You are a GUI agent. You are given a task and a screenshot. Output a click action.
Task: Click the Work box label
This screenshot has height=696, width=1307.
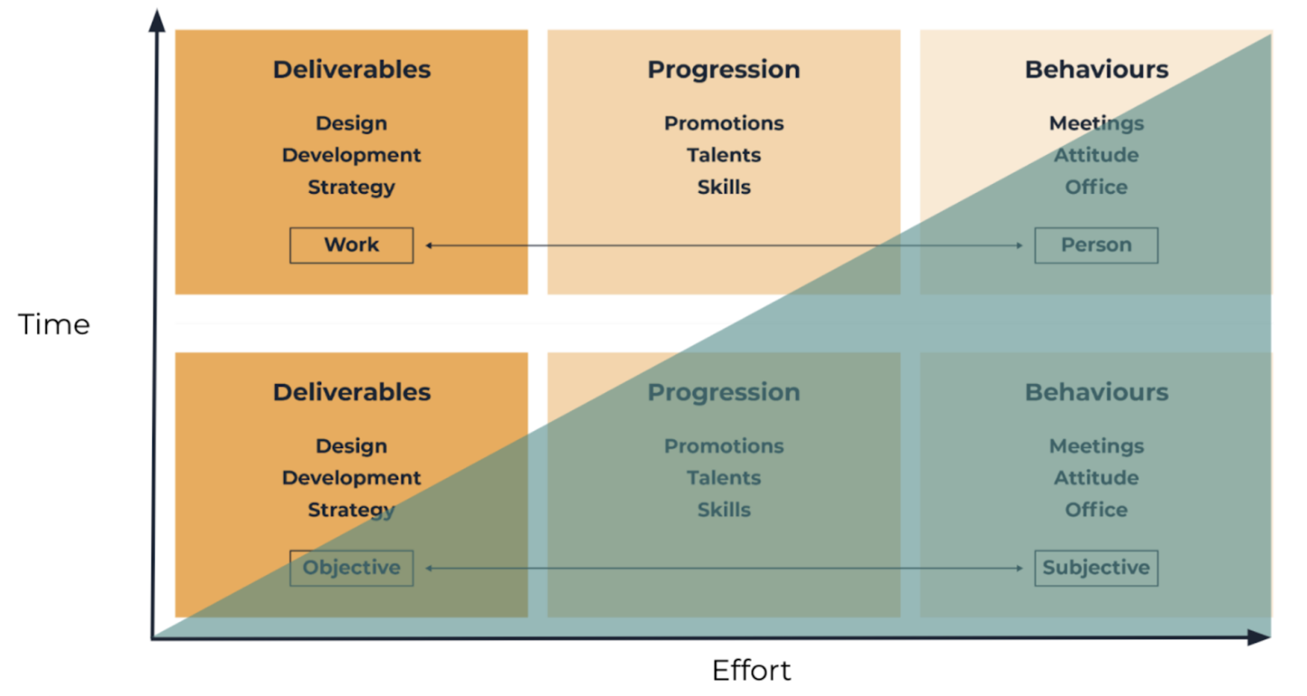352,245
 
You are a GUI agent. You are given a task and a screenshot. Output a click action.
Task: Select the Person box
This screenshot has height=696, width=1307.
1096,245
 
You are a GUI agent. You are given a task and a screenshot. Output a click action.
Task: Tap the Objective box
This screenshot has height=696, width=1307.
352,568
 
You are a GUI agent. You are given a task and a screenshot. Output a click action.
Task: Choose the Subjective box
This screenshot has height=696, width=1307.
1096,568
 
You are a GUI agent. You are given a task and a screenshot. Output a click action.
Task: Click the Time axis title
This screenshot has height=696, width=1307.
54,325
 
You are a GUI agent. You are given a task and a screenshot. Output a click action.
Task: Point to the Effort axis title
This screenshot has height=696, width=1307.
751,671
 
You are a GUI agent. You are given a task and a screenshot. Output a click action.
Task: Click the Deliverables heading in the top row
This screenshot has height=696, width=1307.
352,69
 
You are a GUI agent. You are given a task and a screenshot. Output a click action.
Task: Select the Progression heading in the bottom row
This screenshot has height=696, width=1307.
724,392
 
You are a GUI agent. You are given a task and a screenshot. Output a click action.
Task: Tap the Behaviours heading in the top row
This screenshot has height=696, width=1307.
1096,69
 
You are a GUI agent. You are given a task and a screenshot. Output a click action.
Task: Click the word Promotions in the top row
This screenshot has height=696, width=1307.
724,124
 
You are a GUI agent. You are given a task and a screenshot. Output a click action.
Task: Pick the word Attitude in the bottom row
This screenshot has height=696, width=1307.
1096,478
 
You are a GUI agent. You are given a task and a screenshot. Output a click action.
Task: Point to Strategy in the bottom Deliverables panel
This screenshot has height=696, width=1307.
352,510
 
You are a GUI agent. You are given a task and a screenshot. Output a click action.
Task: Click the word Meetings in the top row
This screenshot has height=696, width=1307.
1096,124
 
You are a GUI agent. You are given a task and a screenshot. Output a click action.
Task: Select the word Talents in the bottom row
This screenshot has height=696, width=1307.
724,478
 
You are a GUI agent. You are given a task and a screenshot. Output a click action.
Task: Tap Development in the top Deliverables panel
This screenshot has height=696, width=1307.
352,155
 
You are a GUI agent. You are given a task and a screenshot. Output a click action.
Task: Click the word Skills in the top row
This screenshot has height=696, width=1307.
724,188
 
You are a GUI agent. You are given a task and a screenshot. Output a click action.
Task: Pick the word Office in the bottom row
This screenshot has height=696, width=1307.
1096,510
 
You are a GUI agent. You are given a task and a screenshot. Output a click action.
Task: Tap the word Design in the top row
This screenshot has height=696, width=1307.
352,124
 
